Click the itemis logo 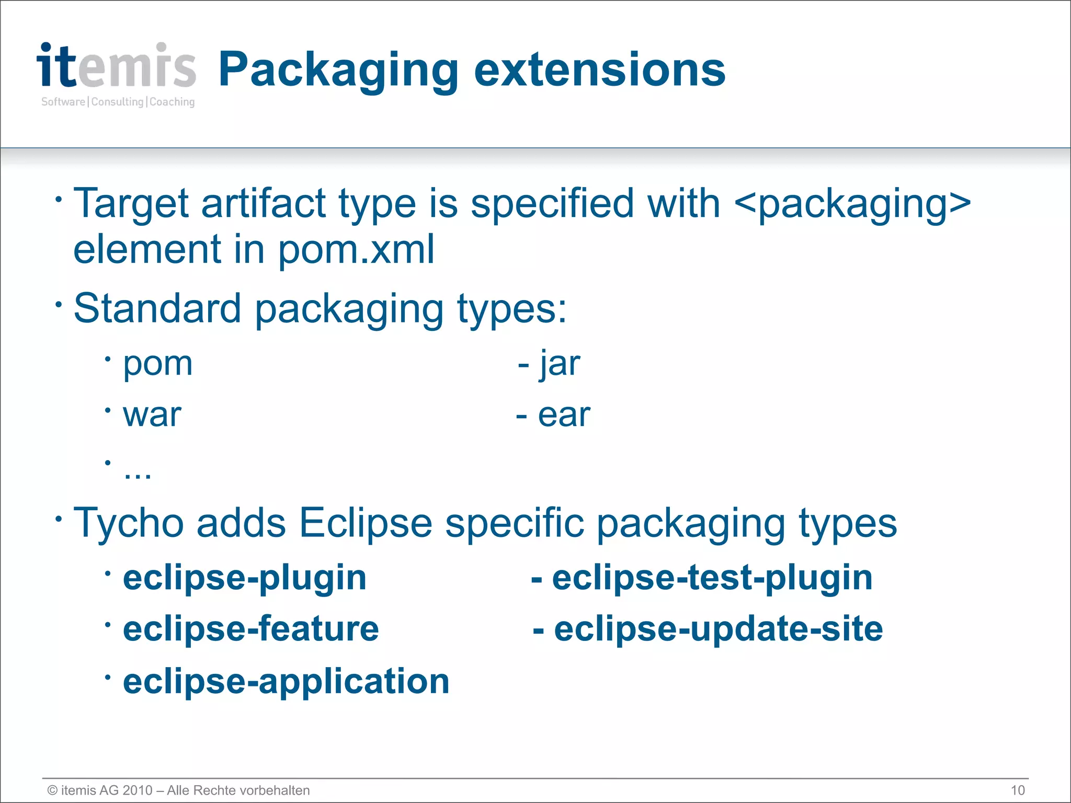point(116,66)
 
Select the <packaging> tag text point(852,204)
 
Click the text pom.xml point(356,250)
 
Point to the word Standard point(157,308)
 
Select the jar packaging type point(560,363)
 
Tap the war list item point(152,415)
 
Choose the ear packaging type point(564,416)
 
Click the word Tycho point(128,523)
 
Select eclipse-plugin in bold point(244,578)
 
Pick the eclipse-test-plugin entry point(712,578)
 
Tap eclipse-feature point(250,629)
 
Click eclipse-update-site point(718,629)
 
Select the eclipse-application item point(286,682)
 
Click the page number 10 point(1017,790)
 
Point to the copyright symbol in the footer point(52,790)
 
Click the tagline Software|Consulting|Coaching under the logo point(118,102)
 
